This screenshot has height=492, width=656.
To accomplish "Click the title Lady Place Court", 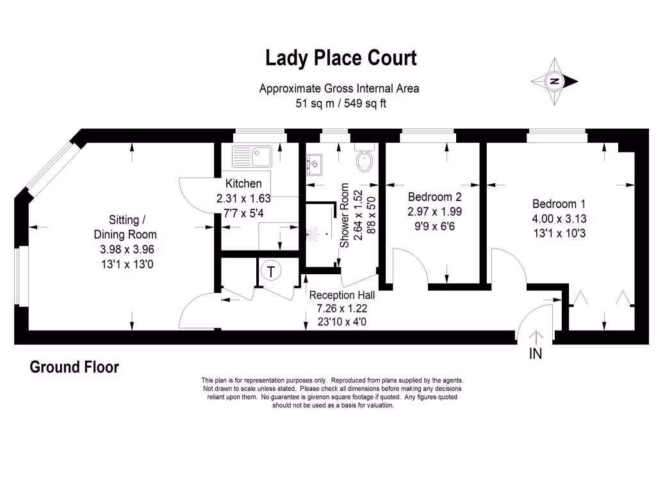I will tap(341, 58).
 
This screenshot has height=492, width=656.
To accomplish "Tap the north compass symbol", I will tap(554, 81).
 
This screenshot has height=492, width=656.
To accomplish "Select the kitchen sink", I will tap(253, 154).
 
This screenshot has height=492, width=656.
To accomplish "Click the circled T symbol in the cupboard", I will tap(272, 271).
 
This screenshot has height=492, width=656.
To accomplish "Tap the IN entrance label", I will tap(535, 353).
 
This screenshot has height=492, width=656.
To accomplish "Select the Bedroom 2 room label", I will tap(434, 197).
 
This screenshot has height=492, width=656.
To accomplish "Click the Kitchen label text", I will tap(243, 184).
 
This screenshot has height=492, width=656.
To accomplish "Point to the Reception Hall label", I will tap(341, 295).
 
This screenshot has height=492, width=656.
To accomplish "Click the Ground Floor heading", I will tap(74, 368).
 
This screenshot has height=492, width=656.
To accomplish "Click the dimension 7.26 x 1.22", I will tap(341, 309).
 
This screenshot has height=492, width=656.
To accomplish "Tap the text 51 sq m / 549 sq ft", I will tap(340, 102).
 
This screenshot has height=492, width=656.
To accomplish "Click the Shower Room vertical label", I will tap(345, 215).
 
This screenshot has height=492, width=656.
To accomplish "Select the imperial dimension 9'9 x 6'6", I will tap(434, 225).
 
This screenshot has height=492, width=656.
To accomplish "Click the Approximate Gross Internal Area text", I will tap(340, 88).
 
